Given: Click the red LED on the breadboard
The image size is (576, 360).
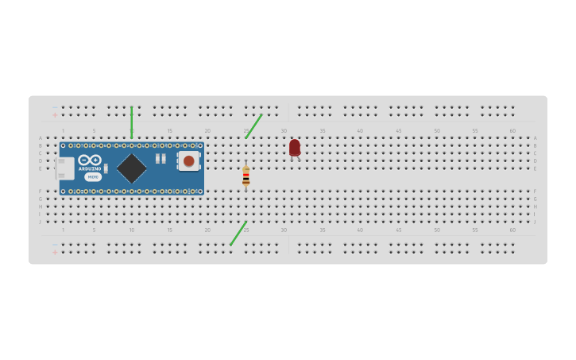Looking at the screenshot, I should tap(295, 148).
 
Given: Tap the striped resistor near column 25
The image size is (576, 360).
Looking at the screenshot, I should tap(245, 177).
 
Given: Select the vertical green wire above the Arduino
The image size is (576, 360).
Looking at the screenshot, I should tap(132, 122).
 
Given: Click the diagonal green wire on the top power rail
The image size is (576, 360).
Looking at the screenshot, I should tap(253, 126).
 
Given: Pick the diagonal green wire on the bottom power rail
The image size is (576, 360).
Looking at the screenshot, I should tap(238, 233).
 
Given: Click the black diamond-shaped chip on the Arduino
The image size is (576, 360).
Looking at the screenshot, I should tap(132, 168).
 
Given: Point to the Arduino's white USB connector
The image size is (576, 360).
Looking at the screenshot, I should tap(65, 168).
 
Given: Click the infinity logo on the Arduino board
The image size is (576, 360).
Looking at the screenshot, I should tap(90, 160).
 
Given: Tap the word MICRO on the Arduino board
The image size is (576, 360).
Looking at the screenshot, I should tap(93, 177).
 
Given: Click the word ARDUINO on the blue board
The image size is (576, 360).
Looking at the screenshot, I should tap(90, 168).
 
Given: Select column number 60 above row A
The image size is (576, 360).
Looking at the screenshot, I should tap(512, 130).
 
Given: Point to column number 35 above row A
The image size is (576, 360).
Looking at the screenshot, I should tap(323, 130).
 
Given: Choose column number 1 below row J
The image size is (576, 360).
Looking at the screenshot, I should tap(64, 230).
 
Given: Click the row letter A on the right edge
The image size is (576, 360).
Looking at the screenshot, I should tap(535, 138).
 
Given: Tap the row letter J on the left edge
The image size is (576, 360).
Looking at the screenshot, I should tap(41, 222).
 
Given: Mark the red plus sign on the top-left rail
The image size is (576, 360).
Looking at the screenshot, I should tap(55, 115).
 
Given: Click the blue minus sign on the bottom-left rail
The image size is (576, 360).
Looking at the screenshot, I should tap(55, 244).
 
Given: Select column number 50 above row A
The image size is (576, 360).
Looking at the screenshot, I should tap(436, 130).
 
